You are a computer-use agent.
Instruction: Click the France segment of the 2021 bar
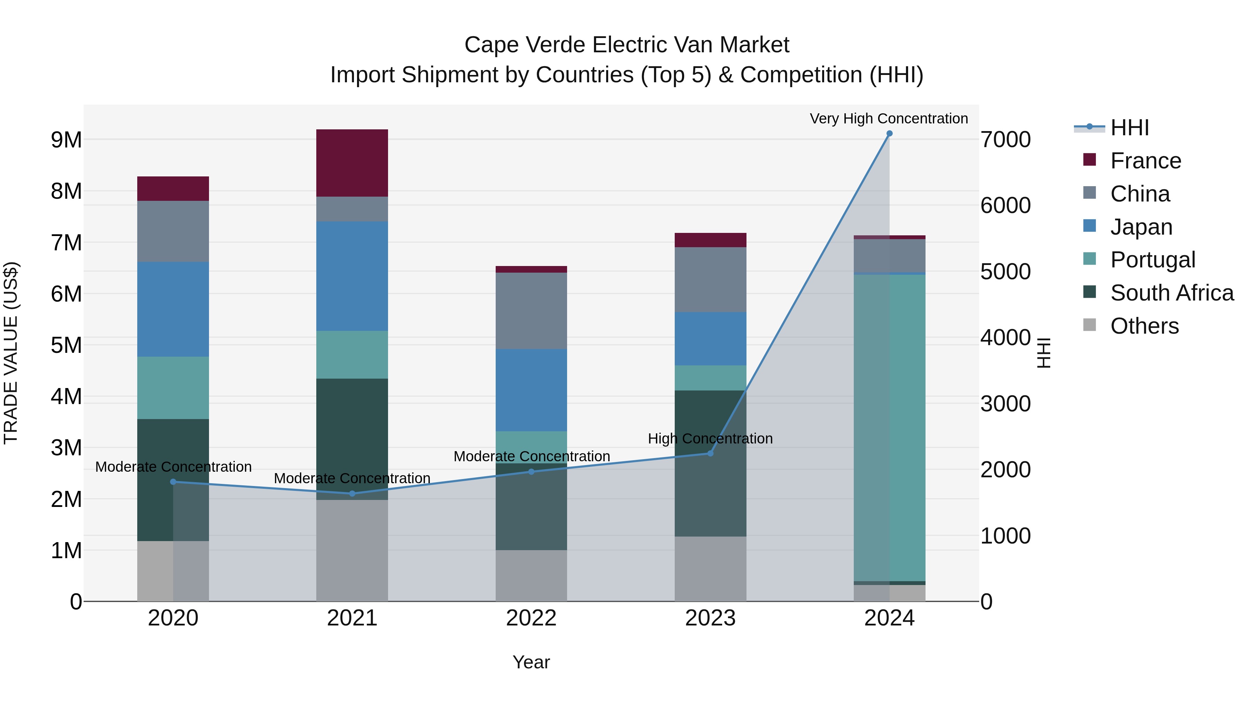click(352, 163)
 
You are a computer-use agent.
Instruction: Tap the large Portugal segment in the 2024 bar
click(889, 428)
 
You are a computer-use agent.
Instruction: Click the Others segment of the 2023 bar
click(710, 569)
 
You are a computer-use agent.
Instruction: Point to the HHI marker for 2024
click(889, 134)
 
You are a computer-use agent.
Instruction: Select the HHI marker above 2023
click(710, 453)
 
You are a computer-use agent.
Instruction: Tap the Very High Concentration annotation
click(889, 119)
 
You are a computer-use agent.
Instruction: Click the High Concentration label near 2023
click(710, 439)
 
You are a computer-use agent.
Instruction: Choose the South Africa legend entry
click(1172, 293)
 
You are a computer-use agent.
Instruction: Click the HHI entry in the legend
click(1129, 128)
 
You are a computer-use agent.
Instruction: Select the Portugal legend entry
click(1152, 260)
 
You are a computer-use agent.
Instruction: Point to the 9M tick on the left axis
click(67, 140)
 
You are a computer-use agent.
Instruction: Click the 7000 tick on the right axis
click(1005, 140)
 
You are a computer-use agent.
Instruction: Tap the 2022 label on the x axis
click(531, 618)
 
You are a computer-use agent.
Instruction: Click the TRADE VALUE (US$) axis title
click(11, 353)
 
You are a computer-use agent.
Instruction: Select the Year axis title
click(531, 662)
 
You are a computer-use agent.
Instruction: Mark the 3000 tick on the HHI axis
click(1005, 404)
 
